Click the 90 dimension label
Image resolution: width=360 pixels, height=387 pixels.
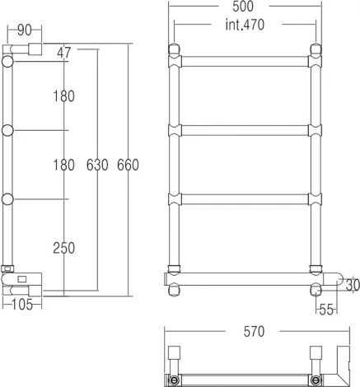click(x=24, y=30)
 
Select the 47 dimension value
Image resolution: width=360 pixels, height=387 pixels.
click(x=64, y=53)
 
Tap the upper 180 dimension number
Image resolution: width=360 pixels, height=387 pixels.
click(x=63, y=96)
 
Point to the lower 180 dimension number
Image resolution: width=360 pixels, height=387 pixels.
click(x=63, y=165)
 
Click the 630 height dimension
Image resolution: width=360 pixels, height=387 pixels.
click(x=97, y=165)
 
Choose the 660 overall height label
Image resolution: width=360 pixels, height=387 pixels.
click(x=128, y=165)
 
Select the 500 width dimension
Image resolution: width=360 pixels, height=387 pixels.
click(x=245, y=7)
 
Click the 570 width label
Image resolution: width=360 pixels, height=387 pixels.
click(x=254, y=332)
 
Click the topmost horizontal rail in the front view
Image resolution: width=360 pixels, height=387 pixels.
click(x=245, y=60)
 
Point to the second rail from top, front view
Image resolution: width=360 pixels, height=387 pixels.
click(x=245, y=129)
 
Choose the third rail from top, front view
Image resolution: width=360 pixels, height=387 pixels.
click(x=245, y=198)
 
